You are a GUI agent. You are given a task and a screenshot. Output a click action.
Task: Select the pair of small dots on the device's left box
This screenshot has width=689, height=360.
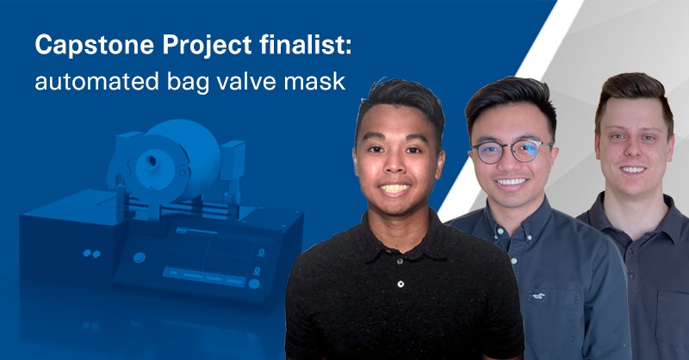(x=90, y=254)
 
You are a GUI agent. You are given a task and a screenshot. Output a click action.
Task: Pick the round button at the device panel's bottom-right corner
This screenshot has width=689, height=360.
(x=255, y=282)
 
